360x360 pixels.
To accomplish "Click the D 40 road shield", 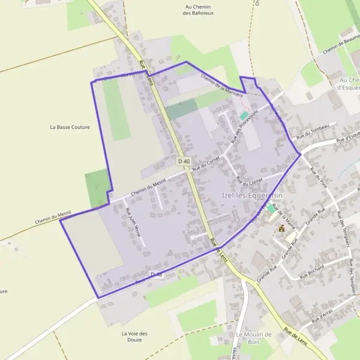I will click(x=184, y=161).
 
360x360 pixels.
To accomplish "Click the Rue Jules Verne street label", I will click(x=133, y=222).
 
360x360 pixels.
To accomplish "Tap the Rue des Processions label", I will click(x=244, y=125).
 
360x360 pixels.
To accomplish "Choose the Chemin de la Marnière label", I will click(x=221, y=86).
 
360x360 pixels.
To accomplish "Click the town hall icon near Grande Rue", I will click(x=281, y=229).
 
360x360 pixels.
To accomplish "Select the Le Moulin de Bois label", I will click(x=254, y=338).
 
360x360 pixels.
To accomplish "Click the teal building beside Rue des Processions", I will click(x=244, y=115).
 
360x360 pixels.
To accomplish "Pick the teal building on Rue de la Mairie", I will click(x=272, y=209).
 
